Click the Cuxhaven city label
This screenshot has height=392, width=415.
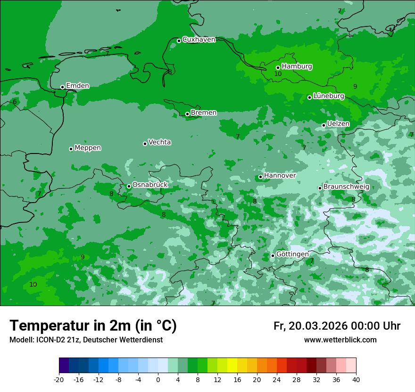tap(199, 40)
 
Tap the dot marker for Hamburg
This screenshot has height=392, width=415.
tap(278, 68)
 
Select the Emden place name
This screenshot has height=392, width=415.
tap(77, 86)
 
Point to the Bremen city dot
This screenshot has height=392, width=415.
tap(187, 114)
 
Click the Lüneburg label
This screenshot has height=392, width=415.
tap(328, 96)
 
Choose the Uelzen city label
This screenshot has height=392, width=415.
tap(338, 124)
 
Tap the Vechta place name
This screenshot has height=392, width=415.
tap(159, 142)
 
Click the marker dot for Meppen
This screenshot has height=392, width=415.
tap(71, 149)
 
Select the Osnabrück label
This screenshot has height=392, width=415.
tap(150, 185)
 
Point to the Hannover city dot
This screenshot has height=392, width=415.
tap(260, 177)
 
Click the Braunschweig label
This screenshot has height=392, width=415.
tap(346, 187)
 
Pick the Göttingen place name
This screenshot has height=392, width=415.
tap(292, 254)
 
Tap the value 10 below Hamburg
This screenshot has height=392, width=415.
tap(278, 74)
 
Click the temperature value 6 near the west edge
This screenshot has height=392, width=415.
tap(15, 102)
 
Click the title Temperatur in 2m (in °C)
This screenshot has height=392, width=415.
tap(93, 326)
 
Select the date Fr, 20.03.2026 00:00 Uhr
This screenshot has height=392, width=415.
tap(337, 326)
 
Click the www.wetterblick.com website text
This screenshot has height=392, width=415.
tap(340, 340)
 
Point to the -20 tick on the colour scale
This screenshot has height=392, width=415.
tap(59, 380)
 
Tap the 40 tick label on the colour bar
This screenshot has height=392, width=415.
tap(356, 380)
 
